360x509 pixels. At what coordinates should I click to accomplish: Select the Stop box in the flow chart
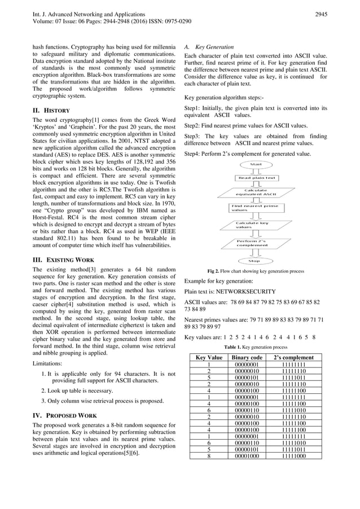coord(254,261)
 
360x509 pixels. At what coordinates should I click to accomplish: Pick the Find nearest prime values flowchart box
coord(255,208)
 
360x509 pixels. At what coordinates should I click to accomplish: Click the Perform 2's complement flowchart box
coord(255,245)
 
